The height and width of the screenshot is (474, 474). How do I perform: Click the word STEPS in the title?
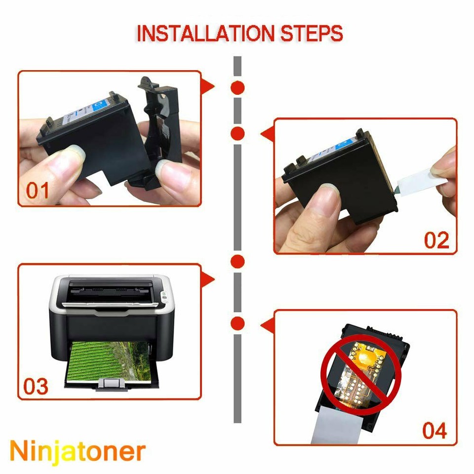pyautogui.click(x=312, y=34)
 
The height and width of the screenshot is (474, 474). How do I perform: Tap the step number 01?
pyautogui.click(x=39, y=191)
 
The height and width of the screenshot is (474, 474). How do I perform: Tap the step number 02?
pyautogui.click(x=436, y=240)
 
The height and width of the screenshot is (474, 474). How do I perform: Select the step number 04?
pyautogui.click(x=434, y=431)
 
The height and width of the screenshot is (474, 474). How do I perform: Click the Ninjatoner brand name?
pyautogui.click(x=78, y=450)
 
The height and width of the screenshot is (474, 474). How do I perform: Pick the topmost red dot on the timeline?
pyautogui.click(x=238, y=88)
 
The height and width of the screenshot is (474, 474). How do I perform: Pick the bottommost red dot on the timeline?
pyautogui.click(x=238, y=323)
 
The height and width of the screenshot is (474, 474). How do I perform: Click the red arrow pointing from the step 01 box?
pyautogui.click(x=208, y=87)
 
